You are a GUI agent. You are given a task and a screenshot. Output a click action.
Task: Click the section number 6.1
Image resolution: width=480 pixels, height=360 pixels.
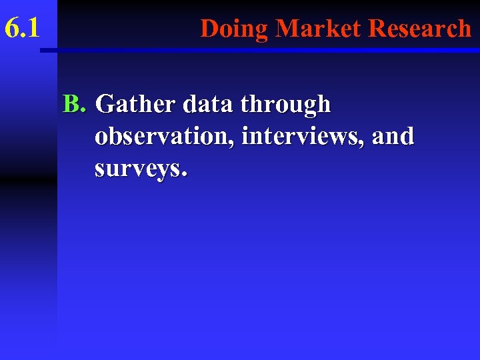point(22,29)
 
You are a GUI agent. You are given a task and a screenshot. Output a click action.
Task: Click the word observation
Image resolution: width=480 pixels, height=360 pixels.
point(164,136)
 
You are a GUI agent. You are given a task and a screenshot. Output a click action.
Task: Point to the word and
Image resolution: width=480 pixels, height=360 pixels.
point(393,136)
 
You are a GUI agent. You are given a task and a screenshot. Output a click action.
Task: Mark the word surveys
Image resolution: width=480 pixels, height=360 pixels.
point(137,169)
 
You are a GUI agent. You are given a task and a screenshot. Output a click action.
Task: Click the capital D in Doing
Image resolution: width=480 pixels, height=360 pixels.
point(209,29)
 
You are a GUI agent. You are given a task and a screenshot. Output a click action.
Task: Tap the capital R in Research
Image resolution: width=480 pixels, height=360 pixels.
point(377,29)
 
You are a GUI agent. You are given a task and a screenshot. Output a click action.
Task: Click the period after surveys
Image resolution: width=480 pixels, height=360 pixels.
point(184,175)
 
